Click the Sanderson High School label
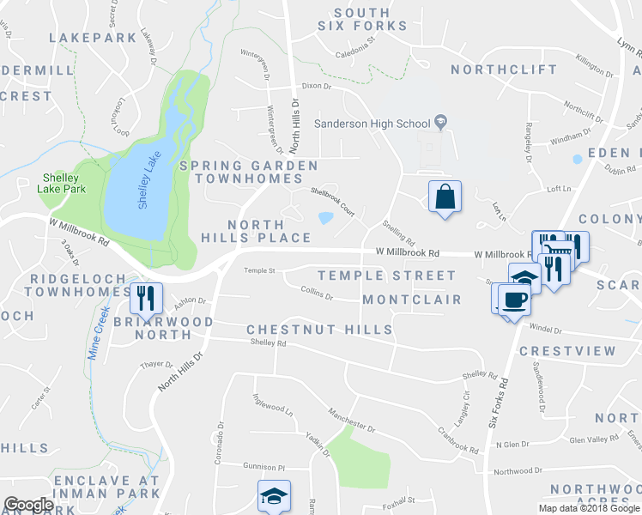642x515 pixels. tap(371, 124)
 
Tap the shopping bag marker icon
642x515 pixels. tap(445, 197)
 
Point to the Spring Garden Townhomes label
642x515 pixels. tap(248, 172)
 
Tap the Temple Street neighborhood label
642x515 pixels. tap(386, 276)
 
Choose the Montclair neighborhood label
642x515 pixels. tap(411, 300)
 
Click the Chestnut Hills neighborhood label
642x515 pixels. tap(319, 330)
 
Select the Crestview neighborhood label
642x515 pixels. tap(567, 351)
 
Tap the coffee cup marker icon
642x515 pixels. tap(514, 300)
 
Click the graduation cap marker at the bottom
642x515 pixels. tap(274, 495)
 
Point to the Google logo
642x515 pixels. tap(28, 505)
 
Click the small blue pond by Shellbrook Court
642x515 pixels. tap(326, 218)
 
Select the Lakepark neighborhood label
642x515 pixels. tap(93, 38)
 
